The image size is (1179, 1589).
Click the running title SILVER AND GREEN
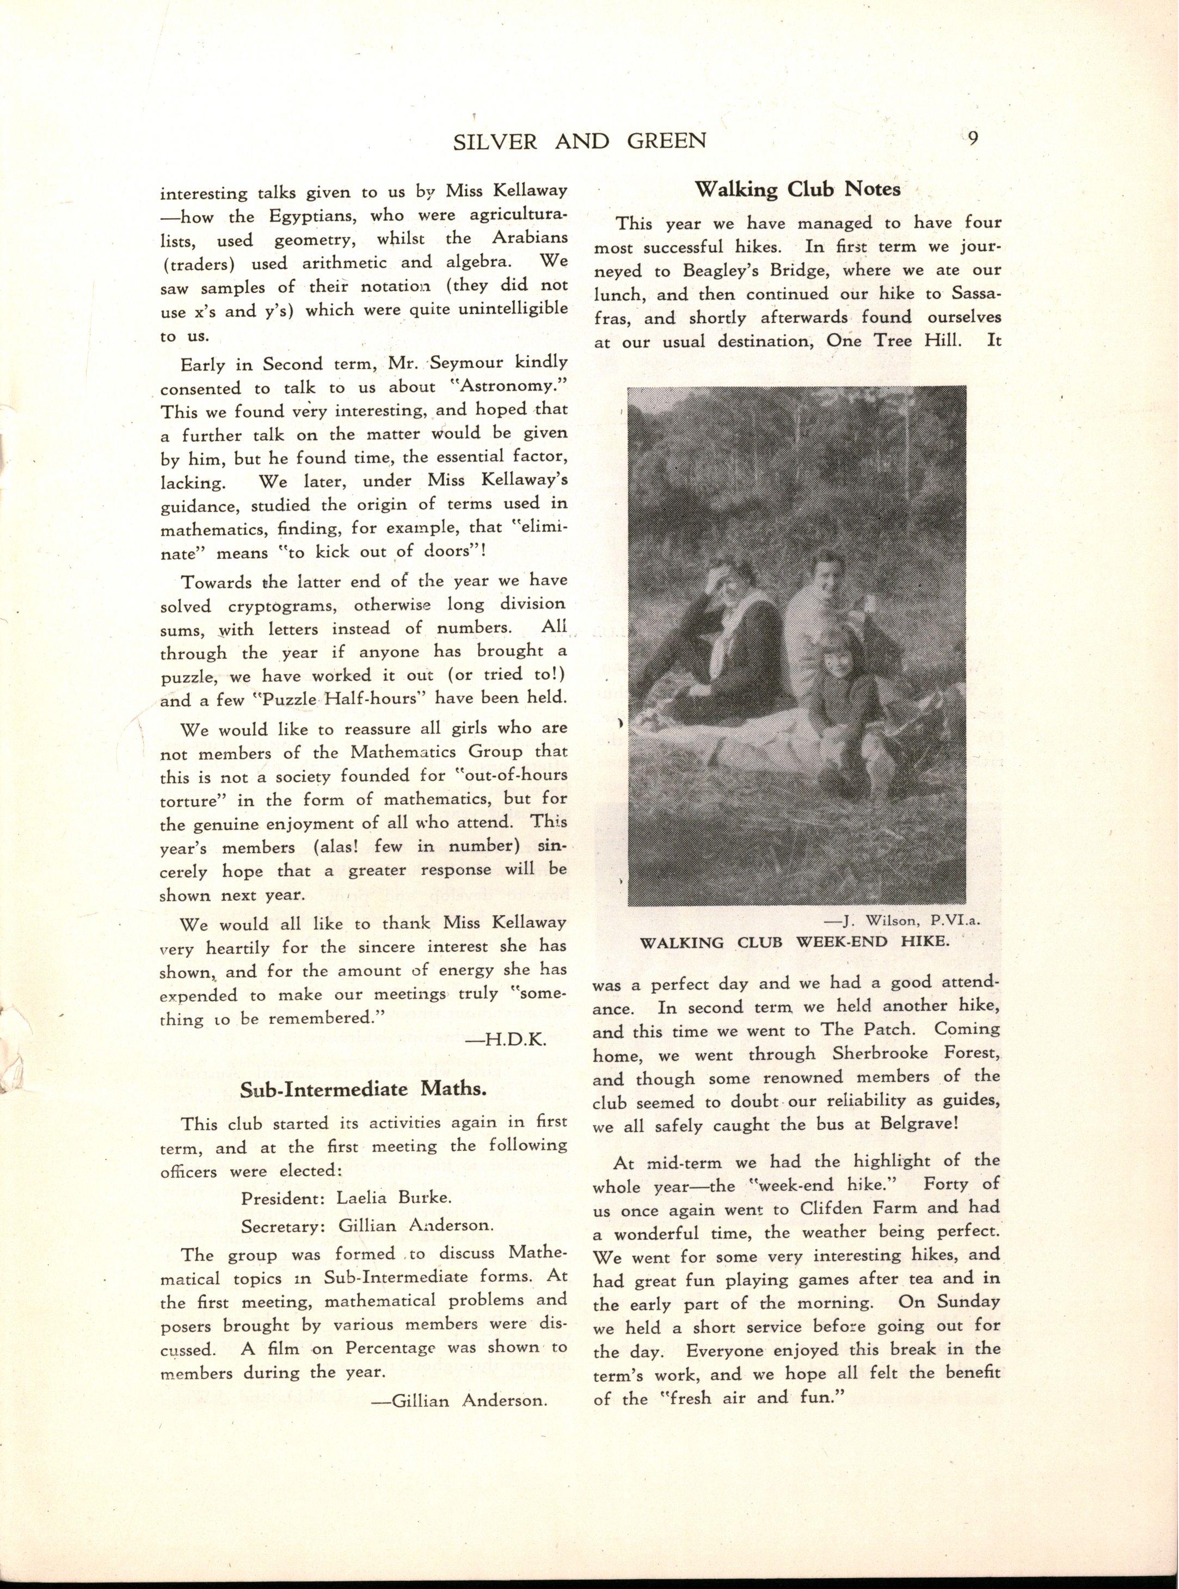tap(580, 141)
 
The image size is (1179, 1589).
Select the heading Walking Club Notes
tap(797, 189)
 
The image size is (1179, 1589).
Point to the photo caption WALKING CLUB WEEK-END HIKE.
tap(795, 942)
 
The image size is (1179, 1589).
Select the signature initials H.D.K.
tap(506, 1041)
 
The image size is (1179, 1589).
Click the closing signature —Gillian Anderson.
tap(461, 1400)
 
